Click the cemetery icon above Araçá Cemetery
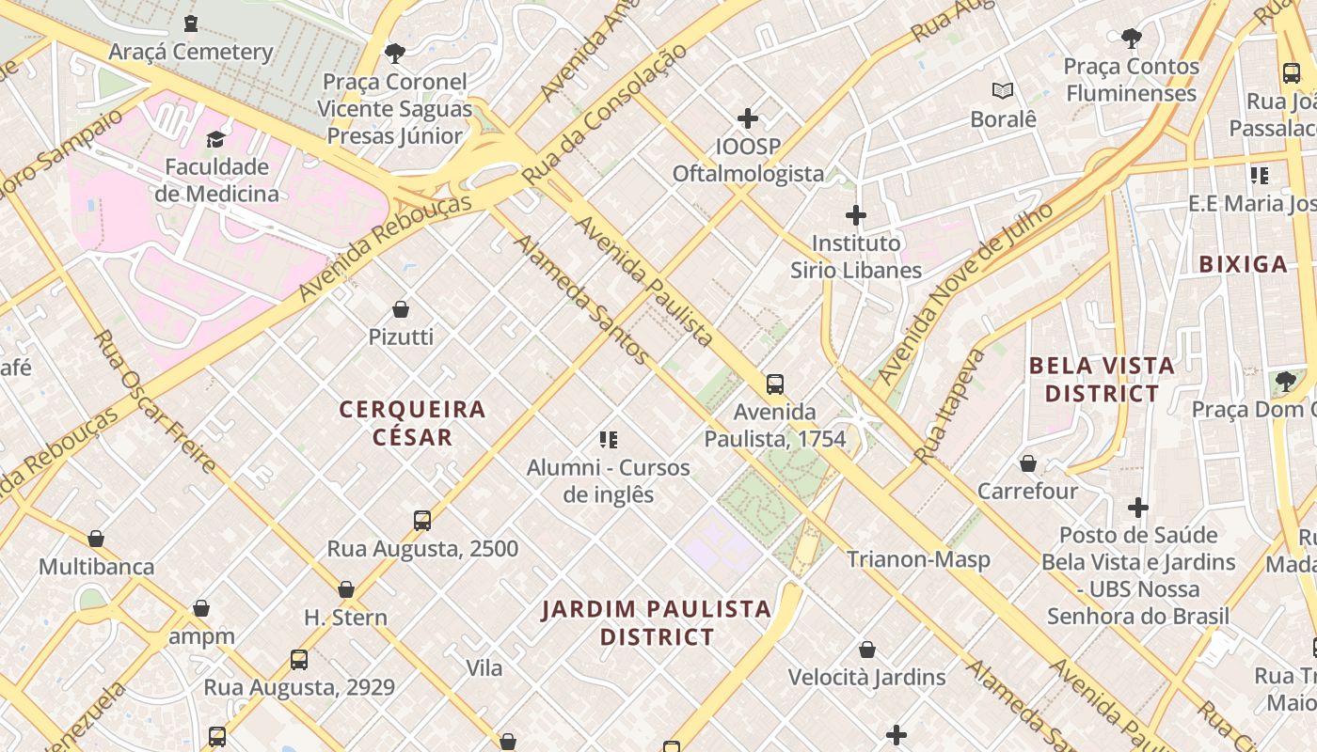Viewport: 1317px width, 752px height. [x=191, y=23]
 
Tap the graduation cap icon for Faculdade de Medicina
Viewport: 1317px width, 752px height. [x=216, y=139]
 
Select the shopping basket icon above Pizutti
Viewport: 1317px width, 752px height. [x=401, y=309]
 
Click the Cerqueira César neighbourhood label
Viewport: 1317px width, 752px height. [x=412, y=423]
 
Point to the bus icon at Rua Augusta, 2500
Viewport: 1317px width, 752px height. [x=422, y=521]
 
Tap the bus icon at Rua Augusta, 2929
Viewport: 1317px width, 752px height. [x=299, y=660]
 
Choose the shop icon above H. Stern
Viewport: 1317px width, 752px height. [x=346, y=589]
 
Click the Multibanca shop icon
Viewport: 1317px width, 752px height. [x=96, y=540]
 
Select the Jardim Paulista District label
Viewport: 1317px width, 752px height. [x=657, y=623]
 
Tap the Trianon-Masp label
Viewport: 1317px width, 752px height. [x=918, y=559]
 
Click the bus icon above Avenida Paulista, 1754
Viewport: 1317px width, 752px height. [x=775, y=384]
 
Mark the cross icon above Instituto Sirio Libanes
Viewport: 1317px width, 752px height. [x=855, y=215]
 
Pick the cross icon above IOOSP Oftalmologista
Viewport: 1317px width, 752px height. [x=748, y=118]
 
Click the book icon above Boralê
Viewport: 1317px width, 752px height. [x=1003, y=91]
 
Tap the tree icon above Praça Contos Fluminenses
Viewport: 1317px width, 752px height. [x=1132, y=39]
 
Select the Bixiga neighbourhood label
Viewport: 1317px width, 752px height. [x=1243, y=264]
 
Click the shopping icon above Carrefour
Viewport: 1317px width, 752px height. [x=1028, y=463]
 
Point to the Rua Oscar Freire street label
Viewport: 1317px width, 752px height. [x=154, y=400]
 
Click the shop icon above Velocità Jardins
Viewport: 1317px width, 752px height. [x=867, y=650]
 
